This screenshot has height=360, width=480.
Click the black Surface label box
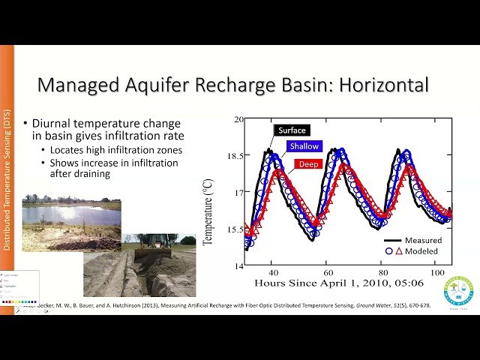[x=292, y=130]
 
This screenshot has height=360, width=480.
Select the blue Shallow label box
[x=303, y=146]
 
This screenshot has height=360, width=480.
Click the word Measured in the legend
[x=423, y=240]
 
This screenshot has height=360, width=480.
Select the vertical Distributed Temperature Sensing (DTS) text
[x=7, y=179]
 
